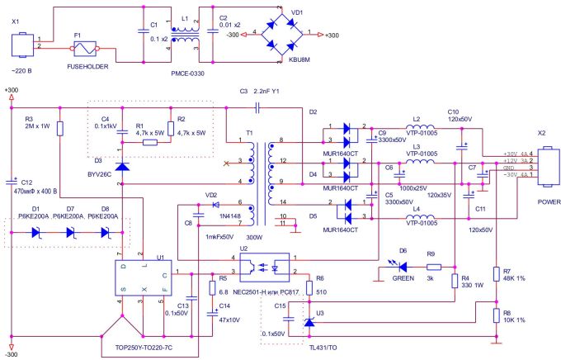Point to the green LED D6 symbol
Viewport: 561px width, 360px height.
point(403,267)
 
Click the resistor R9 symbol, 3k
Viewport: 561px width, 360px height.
point(433,267)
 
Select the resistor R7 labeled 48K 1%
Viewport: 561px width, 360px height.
point(495,275)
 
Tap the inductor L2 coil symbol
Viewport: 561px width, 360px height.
point(418,127)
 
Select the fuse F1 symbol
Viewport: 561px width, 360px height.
point(87,49)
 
